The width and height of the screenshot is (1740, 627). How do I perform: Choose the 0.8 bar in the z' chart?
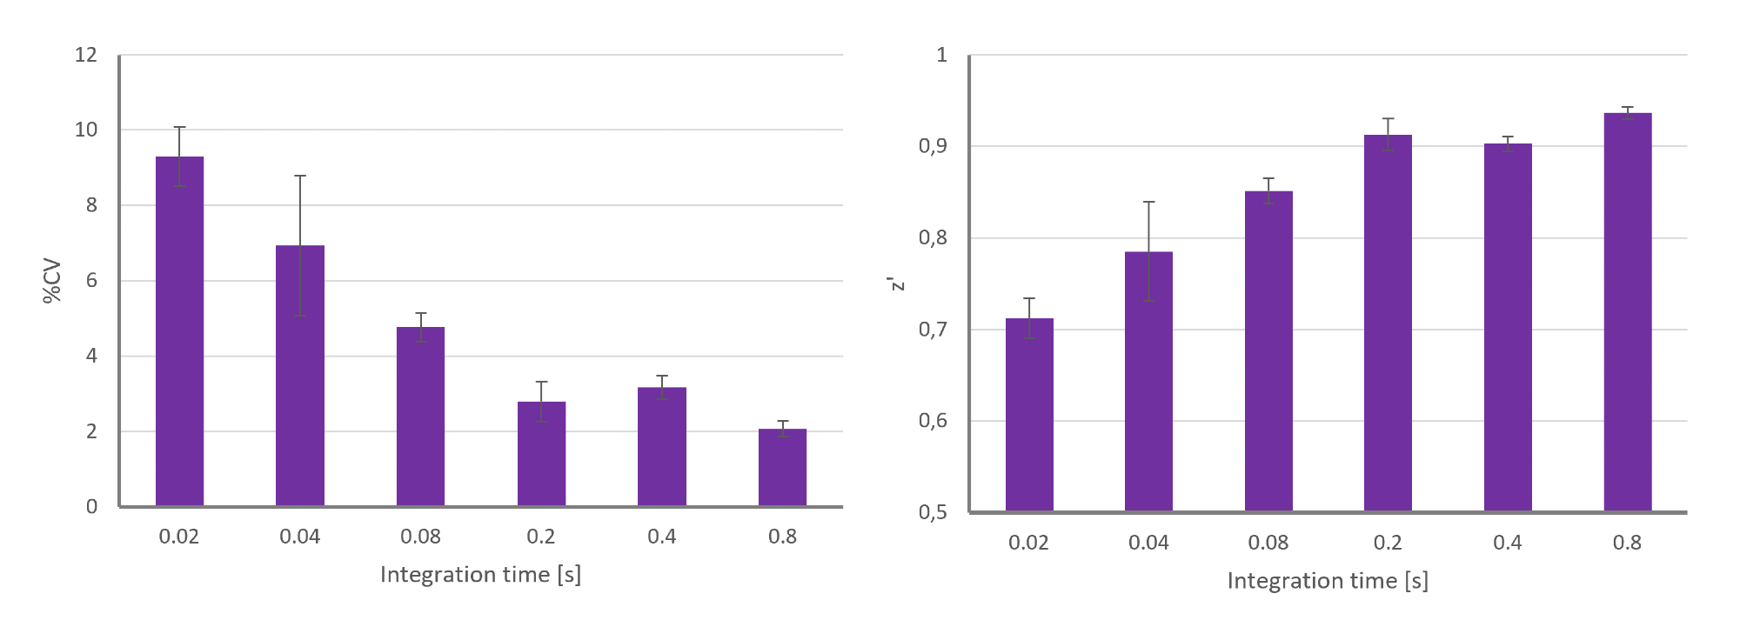[1628, 312]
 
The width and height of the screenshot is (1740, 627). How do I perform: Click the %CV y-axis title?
[52, 281]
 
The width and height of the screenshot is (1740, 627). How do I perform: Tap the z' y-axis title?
[896, 283]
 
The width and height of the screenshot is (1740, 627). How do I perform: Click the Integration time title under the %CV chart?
[480, 575]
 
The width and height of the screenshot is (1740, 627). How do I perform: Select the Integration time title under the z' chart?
[1328, 581]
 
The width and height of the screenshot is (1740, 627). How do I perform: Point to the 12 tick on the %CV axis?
[86, 55]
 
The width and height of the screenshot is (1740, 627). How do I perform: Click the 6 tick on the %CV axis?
[91, 280]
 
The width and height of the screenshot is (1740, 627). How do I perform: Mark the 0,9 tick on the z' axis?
[933, 146]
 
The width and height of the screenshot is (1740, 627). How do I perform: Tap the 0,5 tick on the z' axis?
[933, 512]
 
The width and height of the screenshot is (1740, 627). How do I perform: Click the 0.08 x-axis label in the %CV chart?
[420, 537]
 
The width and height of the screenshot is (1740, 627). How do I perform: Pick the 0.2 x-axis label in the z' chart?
[1388, 543]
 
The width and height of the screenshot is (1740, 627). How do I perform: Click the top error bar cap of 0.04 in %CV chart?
[300, 176]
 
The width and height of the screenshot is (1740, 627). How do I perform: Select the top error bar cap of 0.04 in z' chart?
[1148, 202]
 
